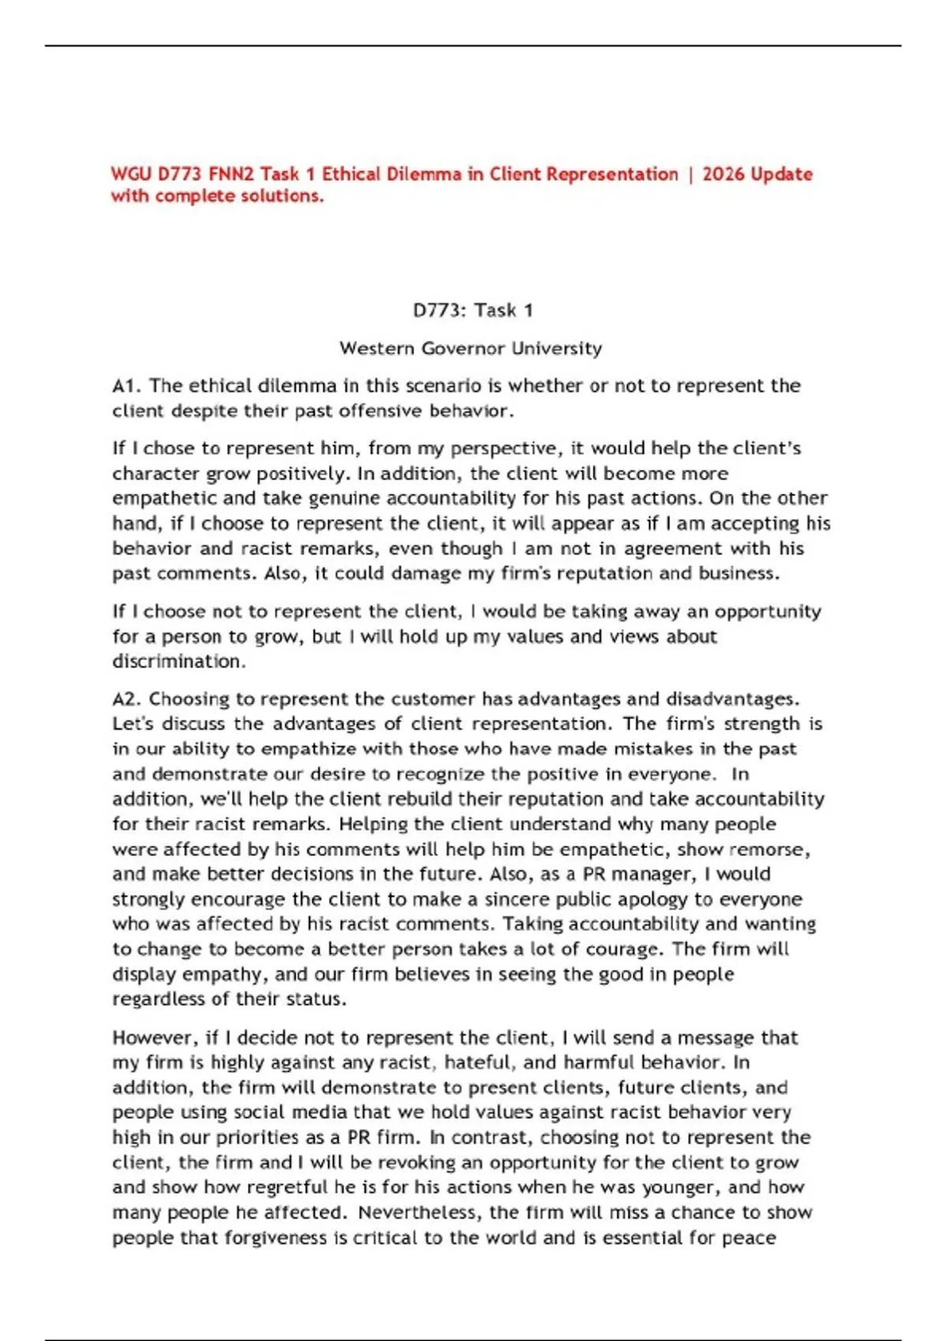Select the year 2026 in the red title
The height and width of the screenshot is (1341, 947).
coord(723,174)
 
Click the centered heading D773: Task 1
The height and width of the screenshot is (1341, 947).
coord(473,310)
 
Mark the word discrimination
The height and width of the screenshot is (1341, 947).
coord(178,661)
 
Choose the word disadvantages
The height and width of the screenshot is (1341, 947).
coord(732,699)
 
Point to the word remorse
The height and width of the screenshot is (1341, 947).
coord(769,849)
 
